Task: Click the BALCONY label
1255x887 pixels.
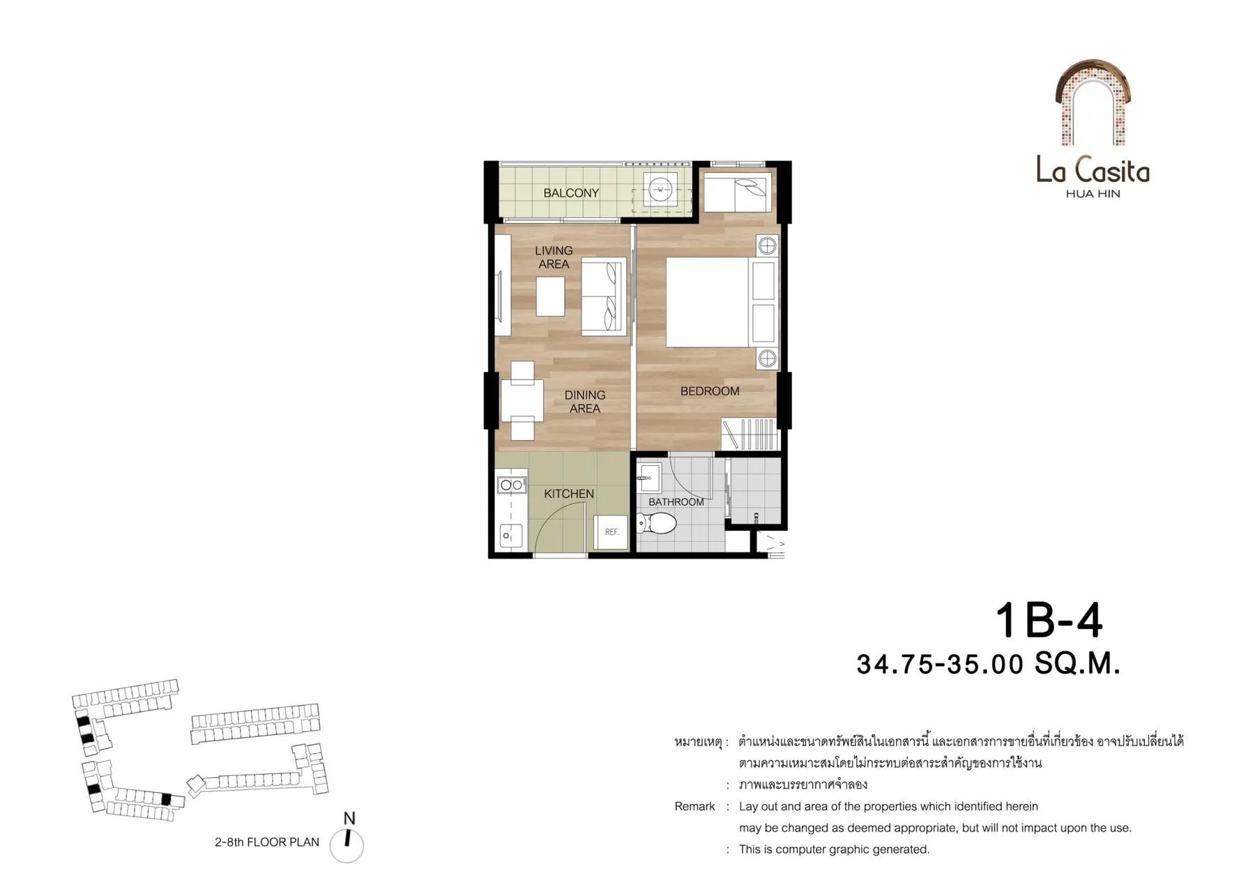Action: tap(571, 193)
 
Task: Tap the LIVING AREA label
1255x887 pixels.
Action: tap(554, 257)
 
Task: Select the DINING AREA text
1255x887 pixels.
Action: tap(585, 402)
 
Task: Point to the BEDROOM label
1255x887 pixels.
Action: tap(710, 391)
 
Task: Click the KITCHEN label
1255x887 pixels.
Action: tap(569, 494)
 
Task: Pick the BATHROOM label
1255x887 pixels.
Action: tap(676, 502)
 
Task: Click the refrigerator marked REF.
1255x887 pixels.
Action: tap(611, 532)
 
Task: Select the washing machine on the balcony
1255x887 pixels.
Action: tap(660, 189)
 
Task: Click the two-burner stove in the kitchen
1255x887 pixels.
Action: tap(512, 485)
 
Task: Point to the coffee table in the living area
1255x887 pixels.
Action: tap(551, 296)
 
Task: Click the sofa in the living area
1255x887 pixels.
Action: tap(604, 296)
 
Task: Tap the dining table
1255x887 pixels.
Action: tap(522, 400)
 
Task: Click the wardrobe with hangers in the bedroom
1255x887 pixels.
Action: tap(749, 434)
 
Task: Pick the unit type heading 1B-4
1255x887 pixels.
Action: tap(1049, 620)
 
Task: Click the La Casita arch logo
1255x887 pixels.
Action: tap(1093, 103)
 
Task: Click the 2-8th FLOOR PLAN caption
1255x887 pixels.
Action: tap(267, 842)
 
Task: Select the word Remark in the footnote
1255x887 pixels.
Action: tap(694, 806)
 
